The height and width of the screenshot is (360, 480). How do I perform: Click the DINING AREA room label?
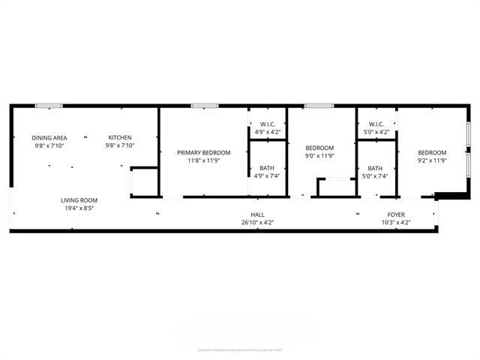(49, 137)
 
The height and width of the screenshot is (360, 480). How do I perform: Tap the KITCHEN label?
(120, 137)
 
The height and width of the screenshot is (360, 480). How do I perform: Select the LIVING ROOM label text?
(79, 200)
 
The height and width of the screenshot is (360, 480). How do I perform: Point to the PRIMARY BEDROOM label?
(204, 152)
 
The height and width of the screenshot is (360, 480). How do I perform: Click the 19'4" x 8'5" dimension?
(79, 209)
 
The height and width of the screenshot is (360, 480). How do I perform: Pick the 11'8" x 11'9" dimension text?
(204, 161)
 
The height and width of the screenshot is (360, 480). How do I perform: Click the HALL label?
(257, 214)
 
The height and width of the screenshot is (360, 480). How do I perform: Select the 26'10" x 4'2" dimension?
(257, 223)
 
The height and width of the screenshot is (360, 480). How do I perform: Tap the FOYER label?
(396, 214)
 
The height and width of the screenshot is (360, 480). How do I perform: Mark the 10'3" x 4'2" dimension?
(396, 223)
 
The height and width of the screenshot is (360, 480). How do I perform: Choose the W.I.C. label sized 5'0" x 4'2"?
(376, 124)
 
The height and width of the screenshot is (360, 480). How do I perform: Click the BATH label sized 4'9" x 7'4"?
(267, 168)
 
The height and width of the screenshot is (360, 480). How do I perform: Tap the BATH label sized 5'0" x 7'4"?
(375, 168)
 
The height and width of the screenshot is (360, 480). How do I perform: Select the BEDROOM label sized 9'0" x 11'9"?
(320, 148)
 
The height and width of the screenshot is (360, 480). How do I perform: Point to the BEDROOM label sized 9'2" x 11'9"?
(432, 152)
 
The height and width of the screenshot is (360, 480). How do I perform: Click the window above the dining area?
(49, 106)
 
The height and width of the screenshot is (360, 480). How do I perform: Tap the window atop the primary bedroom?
(200, 106)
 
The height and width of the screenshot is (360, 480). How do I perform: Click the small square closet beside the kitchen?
(144, 182)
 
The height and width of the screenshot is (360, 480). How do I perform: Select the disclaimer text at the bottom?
(240, 349)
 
